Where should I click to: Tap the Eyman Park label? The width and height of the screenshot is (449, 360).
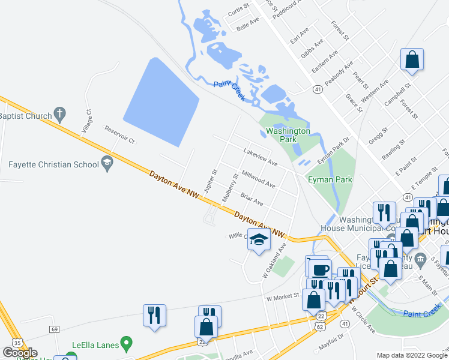[x=330, y=179]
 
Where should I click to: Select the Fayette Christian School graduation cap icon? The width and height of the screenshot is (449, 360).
[x=107, y=163]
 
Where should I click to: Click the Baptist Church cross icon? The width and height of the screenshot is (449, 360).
[x=59, y=113]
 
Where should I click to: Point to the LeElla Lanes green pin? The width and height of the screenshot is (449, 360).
[x=126, y=344]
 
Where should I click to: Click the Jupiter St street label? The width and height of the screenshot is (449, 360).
[x=210, y=181]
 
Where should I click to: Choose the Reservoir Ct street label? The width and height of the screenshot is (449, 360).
[x=120, y=134]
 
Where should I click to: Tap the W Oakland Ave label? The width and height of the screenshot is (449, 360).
[x=274, y=259]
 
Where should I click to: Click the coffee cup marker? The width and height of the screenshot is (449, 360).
[x=317, y=268]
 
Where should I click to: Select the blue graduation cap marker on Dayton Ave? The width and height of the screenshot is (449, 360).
[x=259, y=240]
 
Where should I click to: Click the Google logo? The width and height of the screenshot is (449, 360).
[x=20, y=353]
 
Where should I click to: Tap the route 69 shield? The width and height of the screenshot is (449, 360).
[x=55, y=329]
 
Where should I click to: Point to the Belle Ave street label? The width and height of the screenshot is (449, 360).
[x=248, y=25]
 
